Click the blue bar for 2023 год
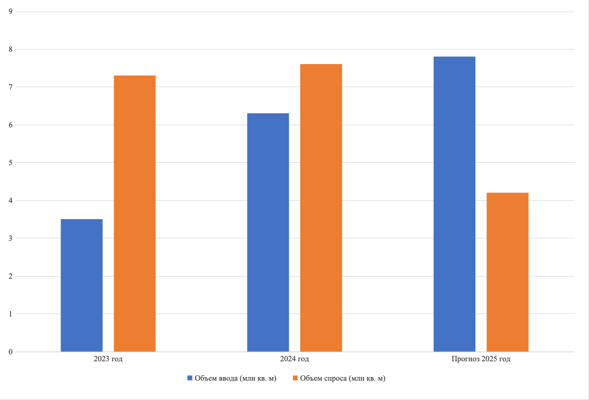(82, 285)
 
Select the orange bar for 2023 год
(135, 214)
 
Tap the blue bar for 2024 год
(268, 232)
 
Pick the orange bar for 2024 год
(321, 208)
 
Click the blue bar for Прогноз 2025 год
(454, 204)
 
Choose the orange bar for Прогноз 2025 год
(507, 272)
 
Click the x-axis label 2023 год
(108, 359)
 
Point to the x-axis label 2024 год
(295, 359)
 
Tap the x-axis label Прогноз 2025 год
(481, 359)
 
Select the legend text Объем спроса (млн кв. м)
(343, 378)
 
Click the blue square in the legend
(190, 378)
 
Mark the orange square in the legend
(295, 378)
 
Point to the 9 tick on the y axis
(11, 11)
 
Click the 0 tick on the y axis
(11, 352)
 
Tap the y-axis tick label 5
(11, 163)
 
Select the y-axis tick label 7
(11, 87)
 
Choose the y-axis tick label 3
(11, 238)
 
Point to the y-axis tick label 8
(11, 49)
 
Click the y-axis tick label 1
(11, 314)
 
